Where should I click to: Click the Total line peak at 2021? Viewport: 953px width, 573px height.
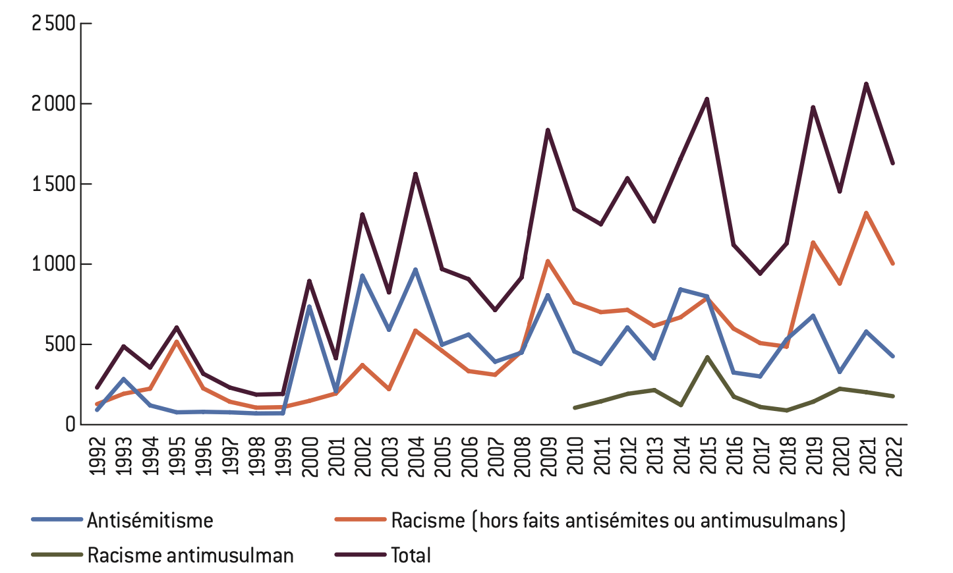pyautogui.click(x=866, y=84)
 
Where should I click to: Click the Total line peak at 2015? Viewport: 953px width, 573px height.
pyautogui.click(x=707, y=99)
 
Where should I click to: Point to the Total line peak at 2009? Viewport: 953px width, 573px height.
pyautogui.click(x=548, y=130)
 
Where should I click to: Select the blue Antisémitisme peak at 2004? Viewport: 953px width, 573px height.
pyautogui.click(x=415, y=269)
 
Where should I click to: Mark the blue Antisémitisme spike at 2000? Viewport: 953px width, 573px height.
pyautogui.click(x=309, y=307)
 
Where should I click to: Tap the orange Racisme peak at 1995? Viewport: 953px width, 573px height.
pyautogui.click(x=177, y=341)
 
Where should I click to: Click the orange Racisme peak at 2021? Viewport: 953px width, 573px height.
pyautogui.click(x=866, y=213)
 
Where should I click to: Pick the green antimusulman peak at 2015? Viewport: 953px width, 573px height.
pyautogui.click(x=707, y=357)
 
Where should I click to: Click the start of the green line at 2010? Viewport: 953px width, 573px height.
pyautogui.click(x=575, y=408)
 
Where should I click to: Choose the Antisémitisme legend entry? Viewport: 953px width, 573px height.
pyautogui.click(x=150, y=520)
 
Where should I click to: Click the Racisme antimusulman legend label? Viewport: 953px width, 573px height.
pyautogui.click(x=190, y=555)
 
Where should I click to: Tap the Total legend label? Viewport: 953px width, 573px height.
pyautogui.click(x=411, y=555)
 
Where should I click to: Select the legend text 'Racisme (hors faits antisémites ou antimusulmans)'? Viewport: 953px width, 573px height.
pyautogui.click(x=618, y=520)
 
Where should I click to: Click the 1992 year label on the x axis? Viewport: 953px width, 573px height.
pyautogui.click(x=98, y=455)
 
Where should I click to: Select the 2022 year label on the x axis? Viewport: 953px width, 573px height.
pyautogui.click(x=894, y=455)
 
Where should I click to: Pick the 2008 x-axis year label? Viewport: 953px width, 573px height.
pyautogui.click(x=522, y=455)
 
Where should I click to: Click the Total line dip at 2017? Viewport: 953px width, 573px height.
pyautogui.click(x=761, y=273)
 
